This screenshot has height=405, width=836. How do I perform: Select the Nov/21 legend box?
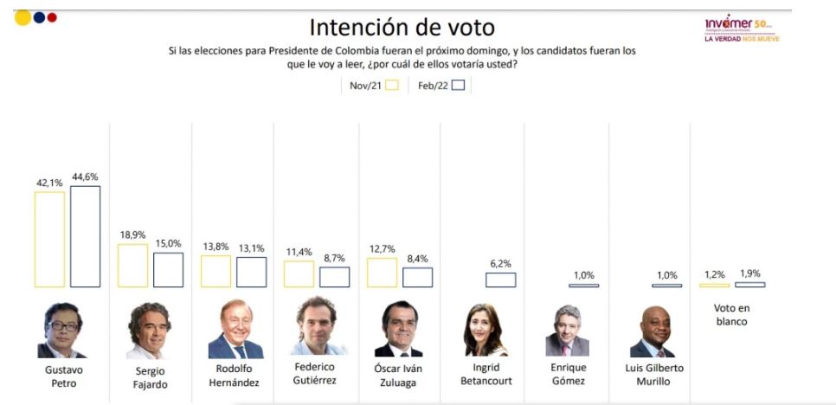coord(391,85)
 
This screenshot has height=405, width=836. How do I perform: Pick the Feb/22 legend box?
coord(459,85)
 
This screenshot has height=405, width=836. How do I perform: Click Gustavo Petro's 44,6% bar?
coord(85,236)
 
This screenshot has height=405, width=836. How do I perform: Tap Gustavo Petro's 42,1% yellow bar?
coord(49,239)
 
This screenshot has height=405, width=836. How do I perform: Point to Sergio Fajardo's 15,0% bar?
coord(168,270)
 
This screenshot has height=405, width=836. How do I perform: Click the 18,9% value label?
coord(132,235)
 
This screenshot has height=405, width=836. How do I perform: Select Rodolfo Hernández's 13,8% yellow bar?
coord(215,271)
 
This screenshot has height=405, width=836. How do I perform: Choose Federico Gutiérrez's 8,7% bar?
coord(334,277)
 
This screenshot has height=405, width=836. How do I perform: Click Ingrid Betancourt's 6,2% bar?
coord(500,280)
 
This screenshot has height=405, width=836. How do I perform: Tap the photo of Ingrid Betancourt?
coord(486,330)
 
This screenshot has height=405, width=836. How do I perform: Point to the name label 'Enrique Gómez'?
coord(568,374)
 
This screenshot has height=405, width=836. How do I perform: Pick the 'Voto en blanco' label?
coord(731,314)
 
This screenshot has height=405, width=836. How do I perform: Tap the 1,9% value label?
coord(749,273)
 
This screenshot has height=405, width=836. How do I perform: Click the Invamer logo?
coord(741,29)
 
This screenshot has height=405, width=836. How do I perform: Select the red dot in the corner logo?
coord(52,17)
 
